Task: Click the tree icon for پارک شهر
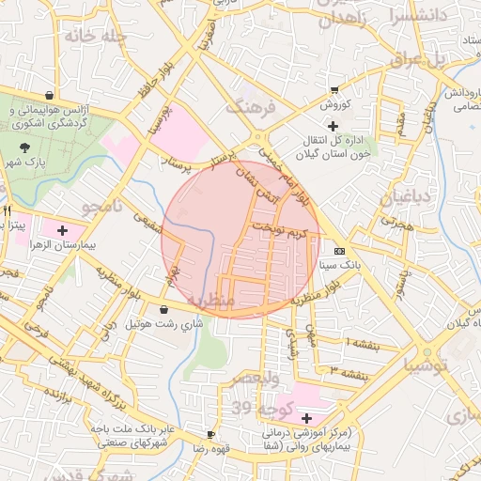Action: (x=24, y=147)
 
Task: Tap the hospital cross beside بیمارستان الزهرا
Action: (x=63, y=229)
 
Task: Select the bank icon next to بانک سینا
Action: (x=339, y=251)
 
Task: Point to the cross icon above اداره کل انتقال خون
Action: (x=332, y=126)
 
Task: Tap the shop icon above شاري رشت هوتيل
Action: (x=164, y=309)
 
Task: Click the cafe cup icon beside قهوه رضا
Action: (x=211, y=435)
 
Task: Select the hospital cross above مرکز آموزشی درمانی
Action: (x=307, y=417)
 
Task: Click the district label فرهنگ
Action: (x=253, y=106)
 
